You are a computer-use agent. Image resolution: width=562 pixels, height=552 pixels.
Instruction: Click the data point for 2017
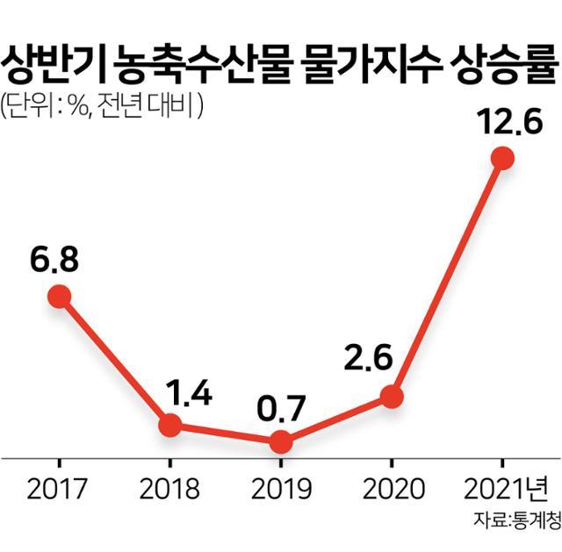[x=59, y=297]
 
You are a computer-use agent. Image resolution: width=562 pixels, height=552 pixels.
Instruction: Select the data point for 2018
[x=170, y=426]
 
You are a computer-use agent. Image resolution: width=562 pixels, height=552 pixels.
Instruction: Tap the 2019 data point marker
[x=280, y=441]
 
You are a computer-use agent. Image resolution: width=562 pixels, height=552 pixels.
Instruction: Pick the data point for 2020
[x=391, y=397]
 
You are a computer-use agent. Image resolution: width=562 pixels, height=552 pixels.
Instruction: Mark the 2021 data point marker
[x=502, y=158]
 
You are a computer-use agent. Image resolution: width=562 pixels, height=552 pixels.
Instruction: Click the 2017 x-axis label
[x=59, y=486]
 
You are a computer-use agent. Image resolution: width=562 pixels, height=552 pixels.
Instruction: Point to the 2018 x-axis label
[x=170, y=486]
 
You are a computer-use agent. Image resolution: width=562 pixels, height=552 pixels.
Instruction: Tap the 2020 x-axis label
[x=392, y=486]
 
